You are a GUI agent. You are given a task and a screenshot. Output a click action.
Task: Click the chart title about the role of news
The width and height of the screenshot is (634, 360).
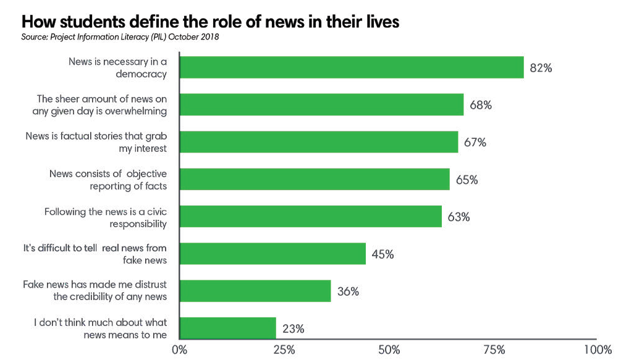tap(210, 20)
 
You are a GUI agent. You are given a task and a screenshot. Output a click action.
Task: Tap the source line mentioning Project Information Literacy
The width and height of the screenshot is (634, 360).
tap(120, 37)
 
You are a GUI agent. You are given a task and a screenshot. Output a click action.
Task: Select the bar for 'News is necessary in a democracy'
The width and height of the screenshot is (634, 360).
tap(351, 67)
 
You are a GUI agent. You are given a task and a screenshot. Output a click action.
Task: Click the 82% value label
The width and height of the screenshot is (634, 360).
tap(541, 68)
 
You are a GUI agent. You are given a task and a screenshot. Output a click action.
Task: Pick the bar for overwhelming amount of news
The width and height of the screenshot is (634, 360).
tap(321, 105)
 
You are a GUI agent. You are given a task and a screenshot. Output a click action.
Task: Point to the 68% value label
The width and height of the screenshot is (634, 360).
tap(480, 105)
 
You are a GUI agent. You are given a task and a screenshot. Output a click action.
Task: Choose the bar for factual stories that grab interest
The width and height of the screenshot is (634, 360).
tap(318, 142)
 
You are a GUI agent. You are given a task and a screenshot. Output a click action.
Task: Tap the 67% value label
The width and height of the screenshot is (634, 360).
tap(475, 143)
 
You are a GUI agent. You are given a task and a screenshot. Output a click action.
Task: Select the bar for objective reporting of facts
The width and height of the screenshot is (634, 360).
tap(315, 180)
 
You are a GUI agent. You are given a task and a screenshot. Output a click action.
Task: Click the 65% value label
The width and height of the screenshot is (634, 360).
tap(467, 180)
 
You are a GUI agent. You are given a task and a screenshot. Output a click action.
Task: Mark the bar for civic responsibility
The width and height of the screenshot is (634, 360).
tap(310, 217)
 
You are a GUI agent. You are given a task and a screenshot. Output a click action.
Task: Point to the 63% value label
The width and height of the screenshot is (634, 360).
tap(459, 217)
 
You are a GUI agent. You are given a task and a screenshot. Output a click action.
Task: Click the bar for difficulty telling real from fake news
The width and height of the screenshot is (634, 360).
tap(273, 254)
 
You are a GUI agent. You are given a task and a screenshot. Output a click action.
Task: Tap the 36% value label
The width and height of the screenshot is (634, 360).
tap(348, 291)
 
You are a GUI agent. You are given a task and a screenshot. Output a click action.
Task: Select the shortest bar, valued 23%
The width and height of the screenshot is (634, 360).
tap(227, 328)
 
